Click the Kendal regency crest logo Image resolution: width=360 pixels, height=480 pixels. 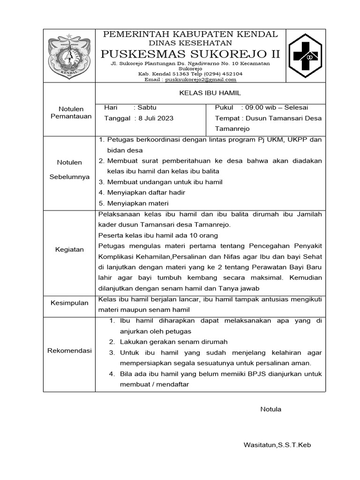click(69, 56)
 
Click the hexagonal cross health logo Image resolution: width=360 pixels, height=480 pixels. click(305, 56)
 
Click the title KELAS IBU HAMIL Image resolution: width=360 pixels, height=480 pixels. click(210, 93)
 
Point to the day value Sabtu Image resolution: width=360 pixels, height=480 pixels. click(147, 107)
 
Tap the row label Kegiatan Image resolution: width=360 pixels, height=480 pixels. click(69, 249)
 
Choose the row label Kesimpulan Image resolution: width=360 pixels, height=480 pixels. click(69, 303)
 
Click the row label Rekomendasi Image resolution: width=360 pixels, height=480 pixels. click(69, 351)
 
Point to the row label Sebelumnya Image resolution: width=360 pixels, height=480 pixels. click(69, 177)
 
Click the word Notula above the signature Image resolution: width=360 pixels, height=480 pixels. click(271, 409)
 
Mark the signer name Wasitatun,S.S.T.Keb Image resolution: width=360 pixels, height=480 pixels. click(277, 444)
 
